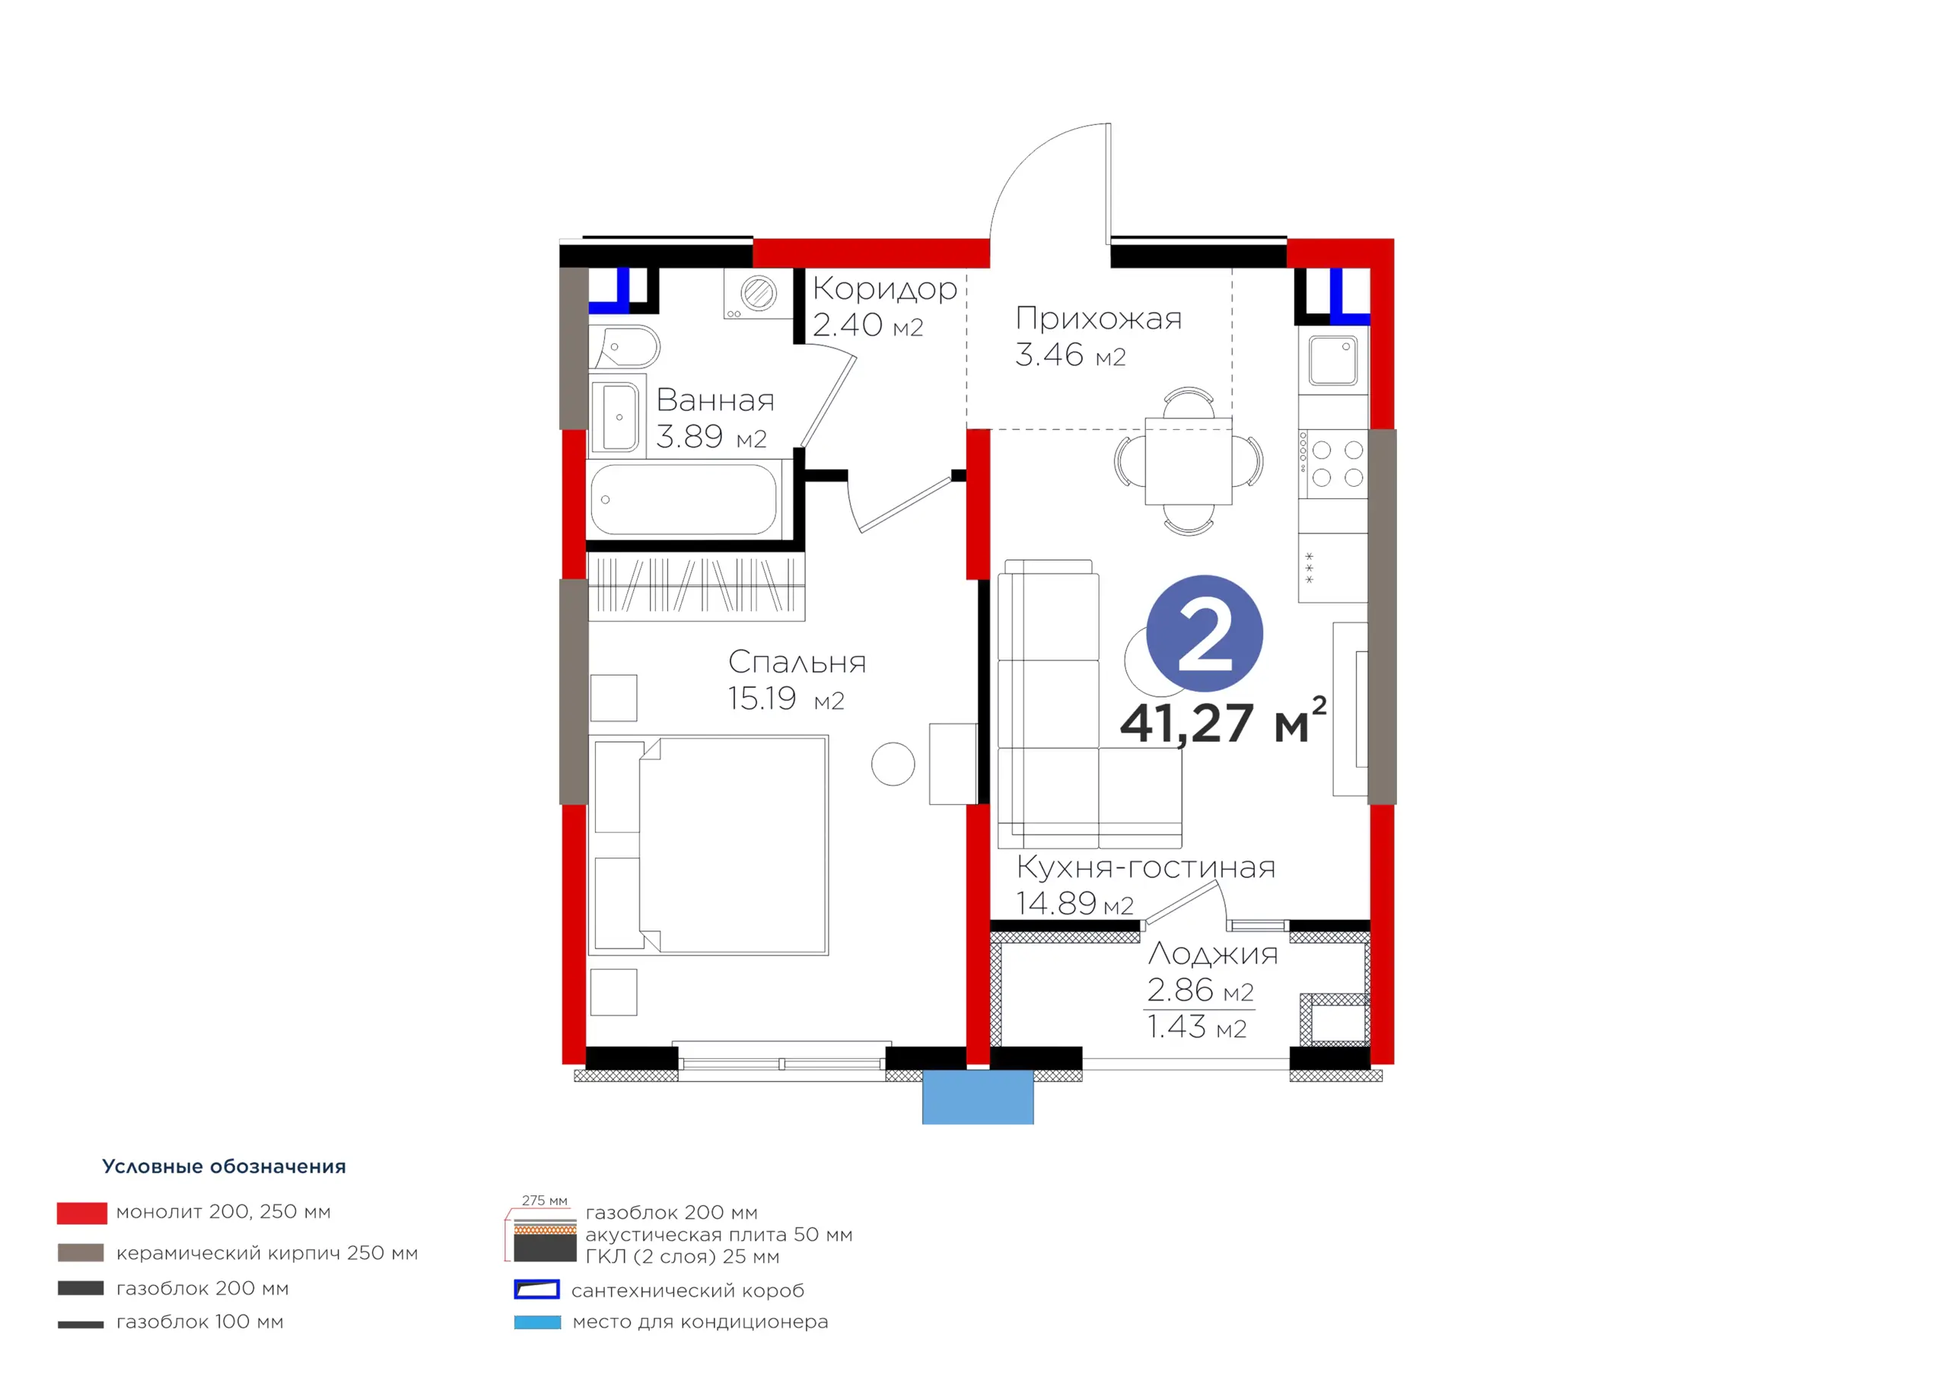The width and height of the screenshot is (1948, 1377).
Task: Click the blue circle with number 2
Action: [1204, 634]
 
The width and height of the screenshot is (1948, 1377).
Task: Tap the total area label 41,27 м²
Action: [1223, 721]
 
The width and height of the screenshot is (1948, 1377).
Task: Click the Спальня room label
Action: [797, 662]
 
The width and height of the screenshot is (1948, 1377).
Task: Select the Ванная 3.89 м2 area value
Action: [711, 437]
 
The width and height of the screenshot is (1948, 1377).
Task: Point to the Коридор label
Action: [885, 289]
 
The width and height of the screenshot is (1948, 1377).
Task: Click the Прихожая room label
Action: [1099, 318]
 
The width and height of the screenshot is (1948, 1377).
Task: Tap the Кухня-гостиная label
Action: [1145, 867]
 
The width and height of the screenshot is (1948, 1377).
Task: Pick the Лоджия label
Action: [1213, 955]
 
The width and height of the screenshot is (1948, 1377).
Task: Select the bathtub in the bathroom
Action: [684, 500]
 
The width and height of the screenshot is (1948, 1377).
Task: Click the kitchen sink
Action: [1333, 361]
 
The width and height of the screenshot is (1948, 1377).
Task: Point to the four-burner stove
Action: [1333, 463]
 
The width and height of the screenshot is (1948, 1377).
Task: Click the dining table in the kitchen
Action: [1189, 462]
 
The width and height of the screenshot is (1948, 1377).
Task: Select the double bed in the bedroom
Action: [708, 845]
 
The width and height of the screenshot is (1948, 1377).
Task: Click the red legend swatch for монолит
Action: [82, 1213]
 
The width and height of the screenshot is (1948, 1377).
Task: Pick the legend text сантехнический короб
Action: [687, 1290]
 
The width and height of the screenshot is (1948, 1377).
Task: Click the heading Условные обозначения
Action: [224, 1166]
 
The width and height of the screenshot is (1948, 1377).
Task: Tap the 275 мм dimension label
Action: [545, 1201]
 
